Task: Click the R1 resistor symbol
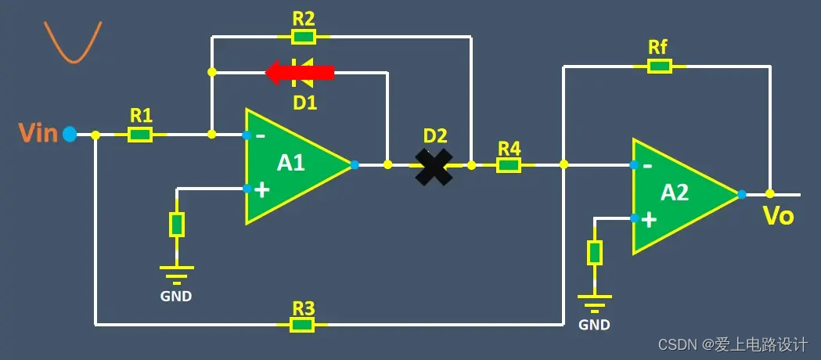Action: tap(140, 135)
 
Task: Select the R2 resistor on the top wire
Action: tap(303, 37)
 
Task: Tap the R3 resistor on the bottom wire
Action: tap(302, 325)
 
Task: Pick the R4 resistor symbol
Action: tap(509, 165)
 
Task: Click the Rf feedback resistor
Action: tap(660, 67)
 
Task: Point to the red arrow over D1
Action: tap(300, 73)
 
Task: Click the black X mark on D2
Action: tap(434, 166)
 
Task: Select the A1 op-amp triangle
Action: tap(293, 165)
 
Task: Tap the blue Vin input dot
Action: tap(70, 135)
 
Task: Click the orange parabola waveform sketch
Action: tap(72, 42)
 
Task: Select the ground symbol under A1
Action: tap(177, 273)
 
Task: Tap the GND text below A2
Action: tap(595, 325)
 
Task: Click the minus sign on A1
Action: tap(261, 136)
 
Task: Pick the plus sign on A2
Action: tap(649, 220)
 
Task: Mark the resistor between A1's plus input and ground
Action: tap(177, 225)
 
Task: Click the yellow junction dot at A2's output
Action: tap(770, 194)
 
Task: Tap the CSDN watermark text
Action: tap(733, 344)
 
